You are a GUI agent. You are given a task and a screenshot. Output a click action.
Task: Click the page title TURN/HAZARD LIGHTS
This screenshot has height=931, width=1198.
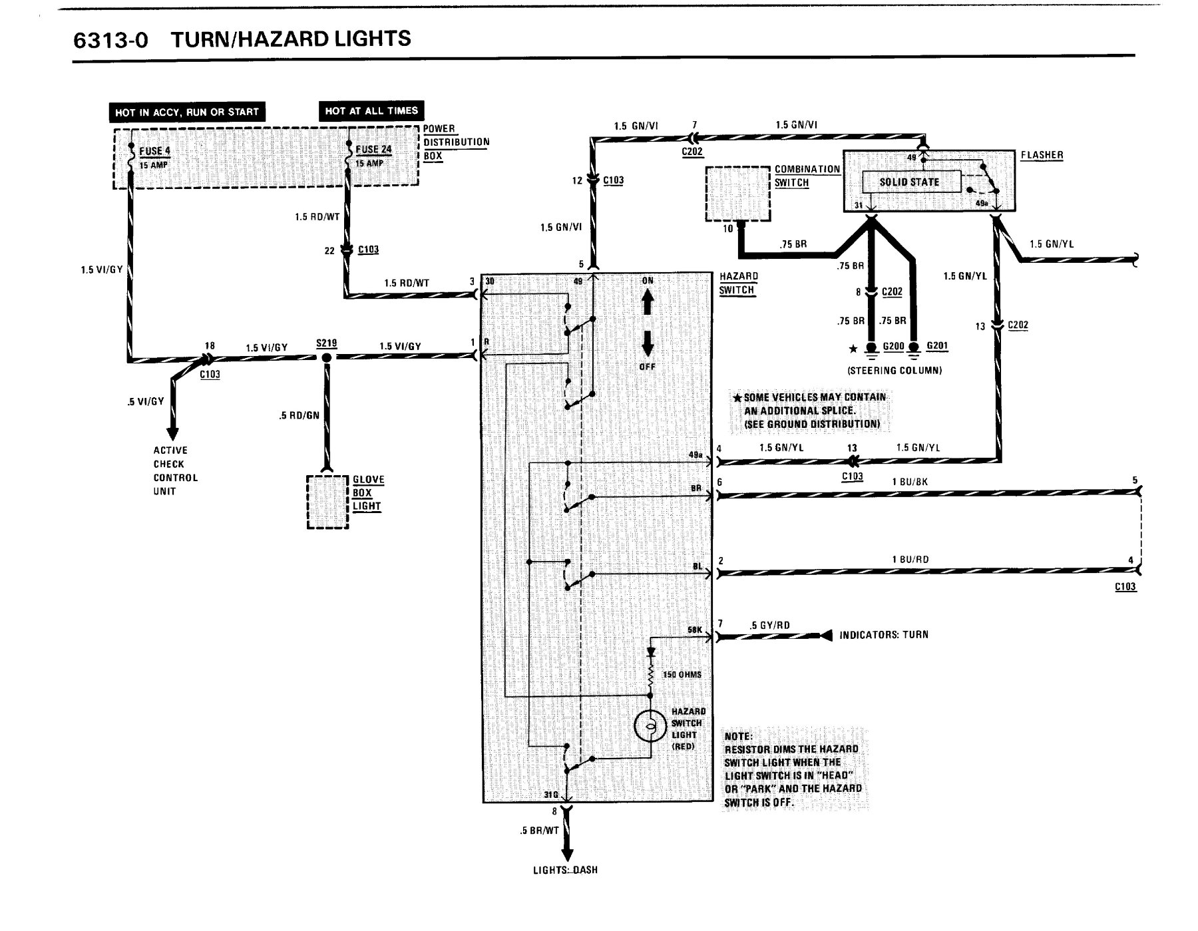(291, 39)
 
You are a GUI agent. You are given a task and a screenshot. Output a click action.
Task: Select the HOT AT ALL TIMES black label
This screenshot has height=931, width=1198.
(371, 110)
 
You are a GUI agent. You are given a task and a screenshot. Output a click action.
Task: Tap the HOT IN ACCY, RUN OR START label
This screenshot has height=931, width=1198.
(187, 112)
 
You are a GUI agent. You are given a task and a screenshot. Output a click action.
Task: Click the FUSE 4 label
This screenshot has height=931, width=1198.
(154, 150)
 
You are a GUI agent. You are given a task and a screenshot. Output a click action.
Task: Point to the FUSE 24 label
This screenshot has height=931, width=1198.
(373, 149)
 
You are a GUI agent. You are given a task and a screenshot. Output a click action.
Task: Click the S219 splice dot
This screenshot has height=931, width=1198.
(326, 357)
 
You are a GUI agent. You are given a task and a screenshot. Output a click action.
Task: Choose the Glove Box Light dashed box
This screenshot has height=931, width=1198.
(327, 502)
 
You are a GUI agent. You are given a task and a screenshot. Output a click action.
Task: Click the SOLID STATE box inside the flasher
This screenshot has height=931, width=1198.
(910, 182)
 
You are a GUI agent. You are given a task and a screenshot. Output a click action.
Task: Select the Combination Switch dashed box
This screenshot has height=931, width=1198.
(738, 194)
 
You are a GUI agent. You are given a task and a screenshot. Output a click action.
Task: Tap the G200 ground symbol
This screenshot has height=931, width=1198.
(871, 350)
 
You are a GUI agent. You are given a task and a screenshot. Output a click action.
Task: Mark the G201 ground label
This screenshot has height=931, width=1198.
(936, 346)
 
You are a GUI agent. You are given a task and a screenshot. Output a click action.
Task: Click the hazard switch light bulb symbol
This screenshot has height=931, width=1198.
(650, 727)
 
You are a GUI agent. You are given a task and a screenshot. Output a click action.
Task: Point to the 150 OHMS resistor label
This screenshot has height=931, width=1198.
(682, 674)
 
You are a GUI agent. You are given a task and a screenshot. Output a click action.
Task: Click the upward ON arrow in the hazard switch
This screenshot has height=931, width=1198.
(647, 304)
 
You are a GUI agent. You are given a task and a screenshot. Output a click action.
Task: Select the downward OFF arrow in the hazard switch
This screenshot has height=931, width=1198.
(647, 341)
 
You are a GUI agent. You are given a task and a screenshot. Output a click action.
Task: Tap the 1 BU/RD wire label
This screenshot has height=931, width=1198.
(910, 559)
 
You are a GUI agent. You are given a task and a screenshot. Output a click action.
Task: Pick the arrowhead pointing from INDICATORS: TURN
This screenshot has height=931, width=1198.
(826, 635)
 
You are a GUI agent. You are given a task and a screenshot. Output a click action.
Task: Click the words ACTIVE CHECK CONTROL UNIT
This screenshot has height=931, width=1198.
(176, 470)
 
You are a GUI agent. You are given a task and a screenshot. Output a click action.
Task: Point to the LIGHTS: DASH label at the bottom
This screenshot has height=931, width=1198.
(565, 870)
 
